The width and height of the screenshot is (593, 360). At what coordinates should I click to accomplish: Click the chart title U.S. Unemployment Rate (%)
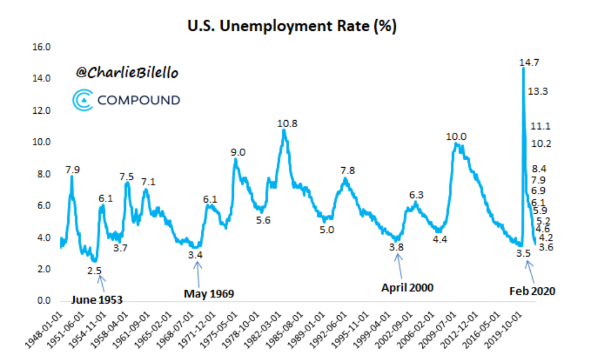pyautogui.click(x=292, y=27)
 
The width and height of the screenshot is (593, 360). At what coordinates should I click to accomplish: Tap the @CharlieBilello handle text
pyautogui.click(x=126, y=73)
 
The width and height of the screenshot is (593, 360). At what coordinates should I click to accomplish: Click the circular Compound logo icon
pyautogui.click(x=83, y=99)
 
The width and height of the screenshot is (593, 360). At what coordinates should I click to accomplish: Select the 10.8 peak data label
pyautogui.click(x=287, y=123)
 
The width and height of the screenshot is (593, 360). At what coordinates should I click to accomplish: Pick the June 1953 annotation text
pyautogui.click(x=97, y=300)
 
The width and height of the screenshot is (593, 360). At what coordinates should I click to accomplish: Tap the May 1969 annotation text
pyautogui.click(x=209, y=294)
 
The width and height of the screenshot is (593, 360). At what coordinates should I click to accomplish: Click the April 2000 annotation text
pyautogui.click(x=407, y=287)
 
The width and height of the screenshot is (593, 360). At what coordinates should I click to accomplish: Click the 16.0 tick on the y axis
pyautogui.click(x=44, y=46)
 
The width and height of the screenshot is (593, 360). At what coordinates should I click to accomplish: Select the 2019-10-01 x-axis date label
pyautogui.click(x=502, y=329)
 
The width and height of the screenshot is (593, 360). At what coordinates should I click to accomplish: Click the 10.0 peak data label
pyautogui.click(x=456, y=137)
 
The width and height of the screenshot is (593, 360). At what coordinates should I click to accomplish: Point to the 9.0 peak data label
pyautogui.click(x=238, y=153)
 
